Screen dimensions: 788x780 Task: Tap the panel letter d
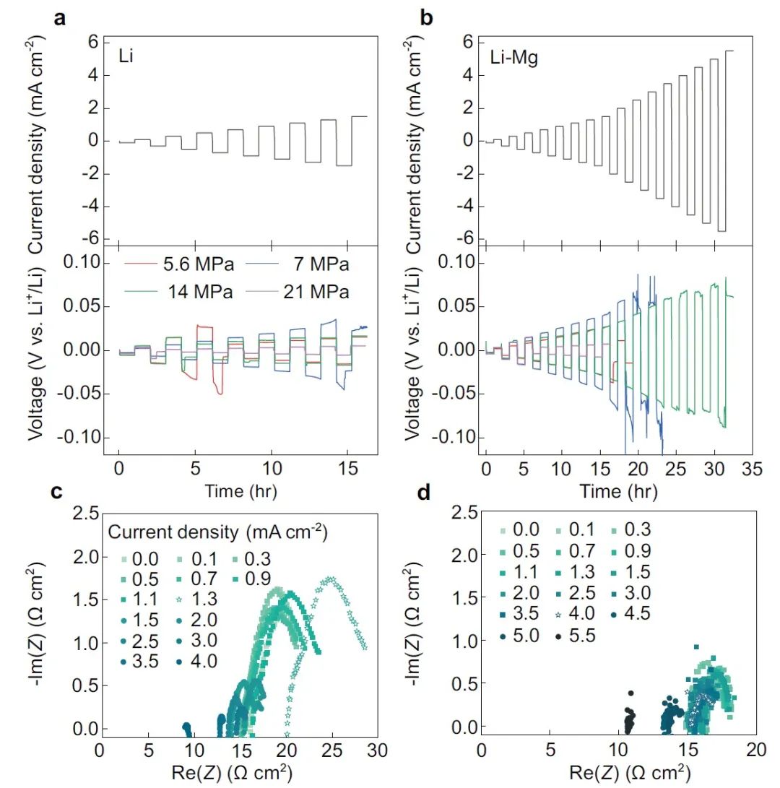[425, 496]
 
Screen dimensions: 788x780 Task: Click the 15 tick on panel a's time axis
[347, 469]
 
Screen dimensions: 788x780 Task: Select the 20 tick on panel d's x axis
[756, 742]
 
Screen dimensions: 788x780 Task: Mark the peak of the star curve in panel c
[331, 579]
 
